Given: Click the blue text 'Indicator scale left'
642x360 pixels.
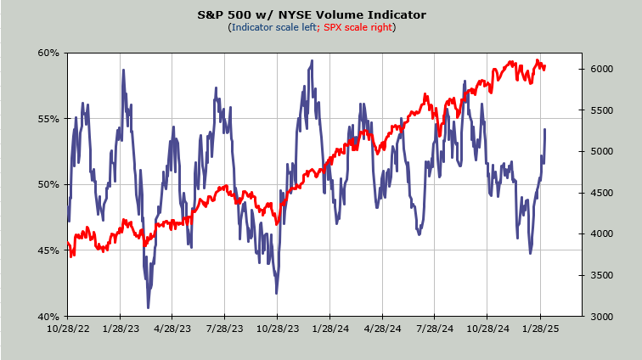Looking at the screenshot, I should pos(273,27).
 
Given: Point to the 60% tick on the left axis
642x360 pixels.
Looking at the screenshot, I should pos(48,53).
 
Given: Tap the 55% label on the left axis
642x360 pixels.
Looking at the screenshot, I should pos(48,119).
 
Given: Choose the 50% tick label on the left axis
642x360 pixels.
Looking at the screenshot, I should pos(48,184).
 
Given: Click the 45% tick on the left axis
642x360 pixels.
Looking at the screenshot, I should pos(48,250).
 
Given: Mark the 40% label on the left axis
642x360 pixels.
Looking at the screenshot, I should pos(48,316).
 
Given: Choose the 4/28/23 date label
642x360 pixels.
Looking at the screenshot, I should pos(172,327).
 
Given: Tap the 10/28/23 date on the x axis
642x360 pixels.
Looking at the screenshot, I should pos(277,327).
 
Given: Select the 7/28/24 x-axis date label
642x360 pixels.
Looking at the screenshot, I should pos(434,327).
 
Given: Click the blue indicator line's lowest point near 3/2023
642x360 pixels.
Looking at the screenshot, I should pos(149,307).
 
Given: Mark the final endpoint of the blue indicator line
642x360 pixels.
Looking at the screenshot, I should pos(544,129).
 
